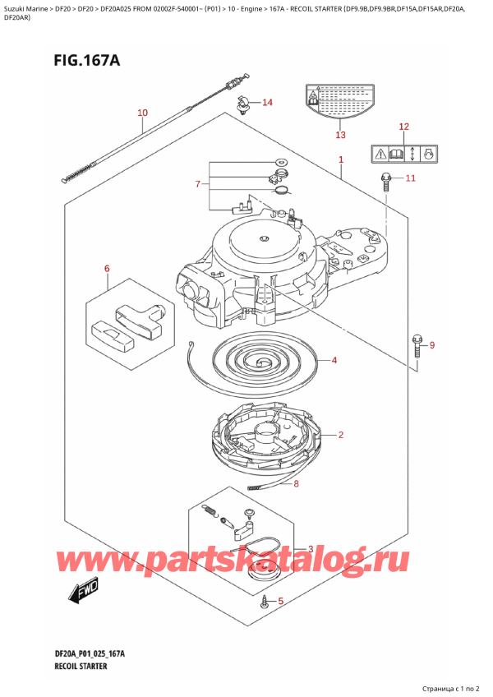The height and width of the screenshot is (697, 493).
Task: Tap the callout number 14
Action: pos(266,103)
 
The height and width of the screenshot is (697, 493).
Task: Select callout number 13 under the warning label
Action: pos(340,135)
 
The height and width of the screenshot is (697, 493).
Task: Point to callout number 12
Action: pos(403,127)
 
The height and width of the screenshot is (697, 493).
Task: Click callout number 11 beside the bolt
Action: pos(410,178)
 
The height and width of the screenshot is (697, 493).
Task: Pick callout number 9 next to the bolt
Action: pos(433,344)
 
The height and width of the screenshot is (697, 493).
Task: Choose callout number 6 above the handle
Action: pos(106,269)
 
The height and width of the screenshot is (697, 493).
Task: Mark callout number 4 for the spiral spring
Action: pos(334,360)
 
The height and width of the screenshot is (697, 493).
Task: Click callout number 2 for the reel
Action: pos(340,435)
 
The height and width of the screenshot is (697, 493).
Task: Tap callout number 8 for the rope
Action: pos(297,484)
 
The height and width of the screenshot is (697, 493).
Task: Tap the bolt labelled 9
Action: pos(416,344)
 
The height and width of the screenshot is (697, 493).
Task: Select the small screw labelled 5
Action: pos(264,604)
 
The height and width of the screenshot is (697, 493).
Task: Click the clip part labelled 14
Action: pos(243,104)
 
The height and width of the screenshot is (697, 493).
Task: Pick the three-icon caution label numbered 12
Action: pos(403,153)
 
